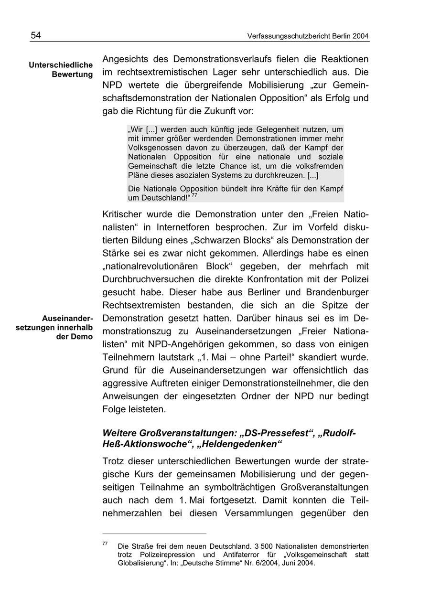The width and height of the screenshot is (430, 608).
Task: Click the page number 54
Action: (x=36, y=35)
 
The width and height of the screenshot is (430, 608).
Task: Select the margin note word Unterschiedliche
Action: (x=61, y=64)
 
